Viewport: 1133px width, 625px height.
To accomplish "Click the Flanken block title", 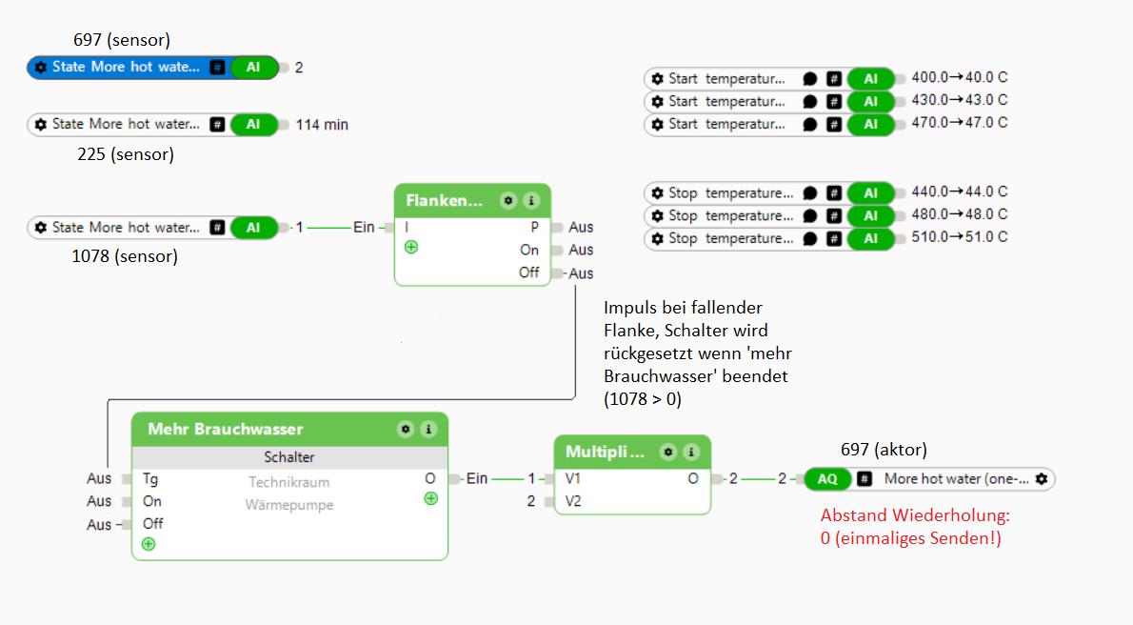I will (x=444, y=200).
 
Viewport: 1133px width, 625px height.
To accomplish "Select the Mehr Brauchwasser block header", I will (x=226, y=430).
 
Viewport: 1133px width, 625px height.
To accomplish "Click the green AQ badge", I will (x=828, y=479).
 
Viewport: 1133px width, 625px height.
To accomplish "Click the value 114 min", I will (x=322, y=125).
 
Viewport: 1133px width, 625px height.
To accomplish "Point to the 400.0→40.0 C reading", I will (x=959, y=77).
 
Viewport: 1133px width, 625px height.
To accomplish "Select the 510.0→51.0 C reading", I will (x=959, y=237).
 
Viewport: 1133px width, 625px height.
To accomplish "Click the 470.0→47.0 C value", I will (x=959, y=123).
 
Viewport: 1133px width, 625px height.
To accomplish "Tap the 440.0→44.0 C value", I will (x=959, y=192).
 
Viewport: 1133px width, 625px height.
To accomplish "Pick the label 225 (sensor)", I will (x=126, y=153).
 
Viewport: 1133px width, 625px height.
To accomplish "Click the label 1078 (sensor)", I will (x=125, y=256).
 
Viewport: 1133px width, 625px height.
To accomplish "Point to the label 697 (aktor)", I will (x=884, y=450).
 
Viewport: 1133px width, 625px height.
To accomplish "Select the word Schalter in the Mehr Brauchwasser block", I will (x=288, y=457).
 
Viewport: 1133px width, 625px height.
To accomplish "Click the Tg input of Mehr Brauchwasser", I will (x=150, y=479).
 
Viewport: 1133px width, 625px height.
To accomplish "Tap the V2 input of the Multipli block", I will (x=572, y=501).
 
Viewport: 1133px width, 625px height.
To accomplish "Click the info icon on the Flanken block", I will (x=531, y=200).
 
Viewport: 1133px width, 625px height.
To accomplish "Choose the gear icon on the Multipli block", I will (x=668, y=452).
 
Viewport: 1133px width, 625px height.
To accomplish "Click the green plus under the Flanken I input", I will (x=411, y=247).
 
